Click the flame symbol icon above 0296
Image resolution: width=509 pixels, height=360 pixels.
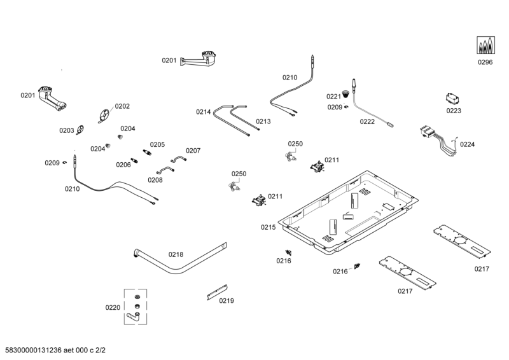click(486, 45)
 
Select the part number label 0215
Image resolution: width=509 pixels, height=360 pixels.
click(268, 227)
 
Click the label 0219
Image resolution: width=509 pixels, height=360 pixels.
click(227, 301)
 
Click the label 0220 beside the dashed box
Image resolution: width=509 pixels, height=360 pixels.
click(113, 308)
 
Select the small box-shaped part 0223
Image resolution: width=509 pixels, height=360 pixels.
click(453, 99)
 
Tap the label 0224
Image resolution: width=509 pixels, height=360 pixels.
click(467, 144)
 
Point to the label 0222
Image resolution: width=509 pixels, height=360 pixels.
click(367, 121)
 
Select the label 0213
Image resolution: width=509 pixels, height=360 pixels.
click(263, 121)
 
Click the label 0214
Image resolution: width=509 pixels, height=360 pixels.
click(203, 112)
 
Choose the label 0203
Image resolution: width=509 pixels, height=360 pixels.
click(67, 130)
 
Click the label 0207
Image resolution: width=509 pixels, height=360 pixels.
click(193, 151)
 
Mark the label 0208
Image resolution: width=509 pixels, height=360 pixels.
click(155, 180)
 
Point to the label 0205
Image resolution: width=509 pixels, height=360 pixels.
click(157, 144)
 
